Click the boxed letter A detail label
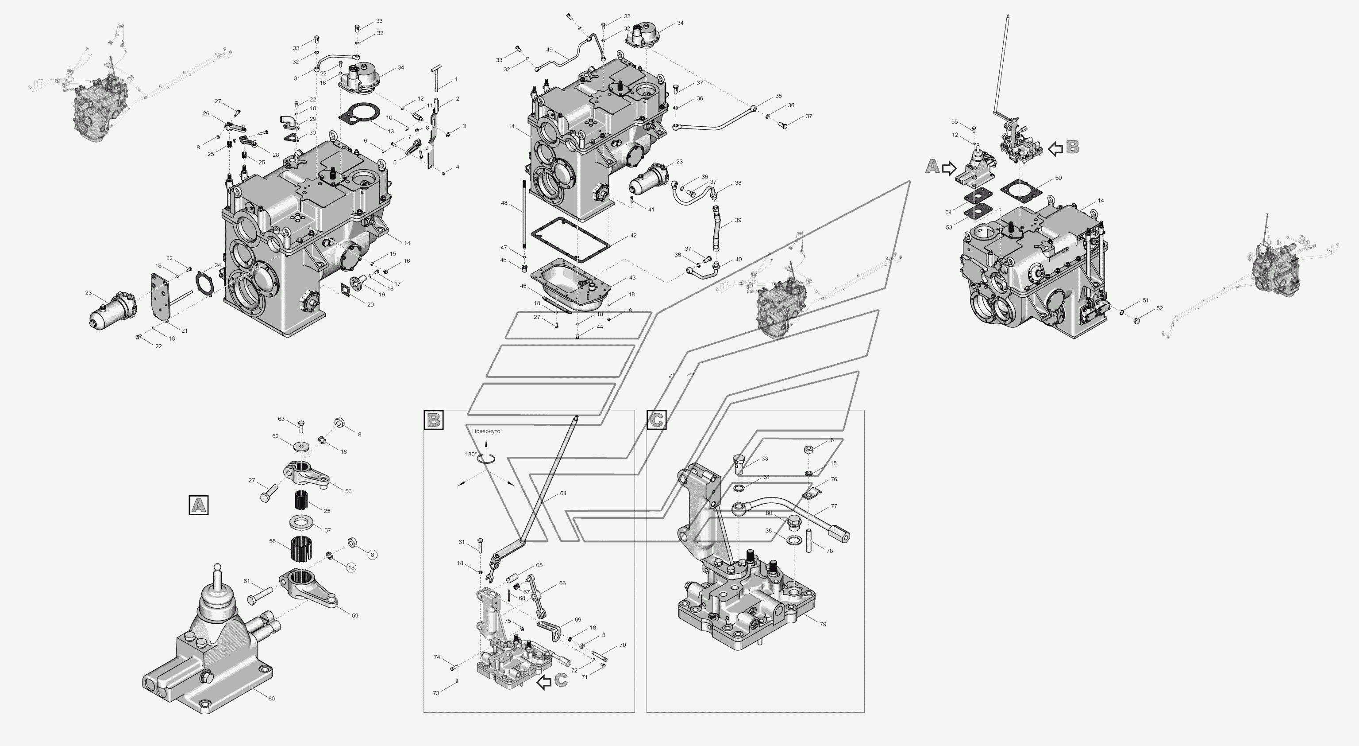198,505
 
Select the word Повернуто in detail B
486,431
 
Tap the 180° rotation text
470,454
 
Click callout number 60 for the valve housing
271,699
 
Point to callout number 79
823,624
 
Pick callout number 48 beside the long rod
504,203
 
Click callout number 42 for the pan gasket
633,236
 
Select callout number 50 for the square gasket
1058,178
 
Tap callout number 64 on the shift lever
563,493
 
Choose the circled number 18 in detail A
351,567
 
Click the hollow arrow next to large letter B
1055,149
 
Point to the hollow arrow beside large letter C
544,683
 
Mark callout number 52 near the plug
1159,308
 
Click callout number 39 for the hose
738,220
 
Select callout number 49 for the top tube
549,50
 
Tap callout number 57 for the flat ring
327,531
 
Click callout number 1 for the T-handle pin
456,79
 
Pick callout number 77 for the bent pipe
834,506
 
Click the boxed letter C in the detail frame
656,420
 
